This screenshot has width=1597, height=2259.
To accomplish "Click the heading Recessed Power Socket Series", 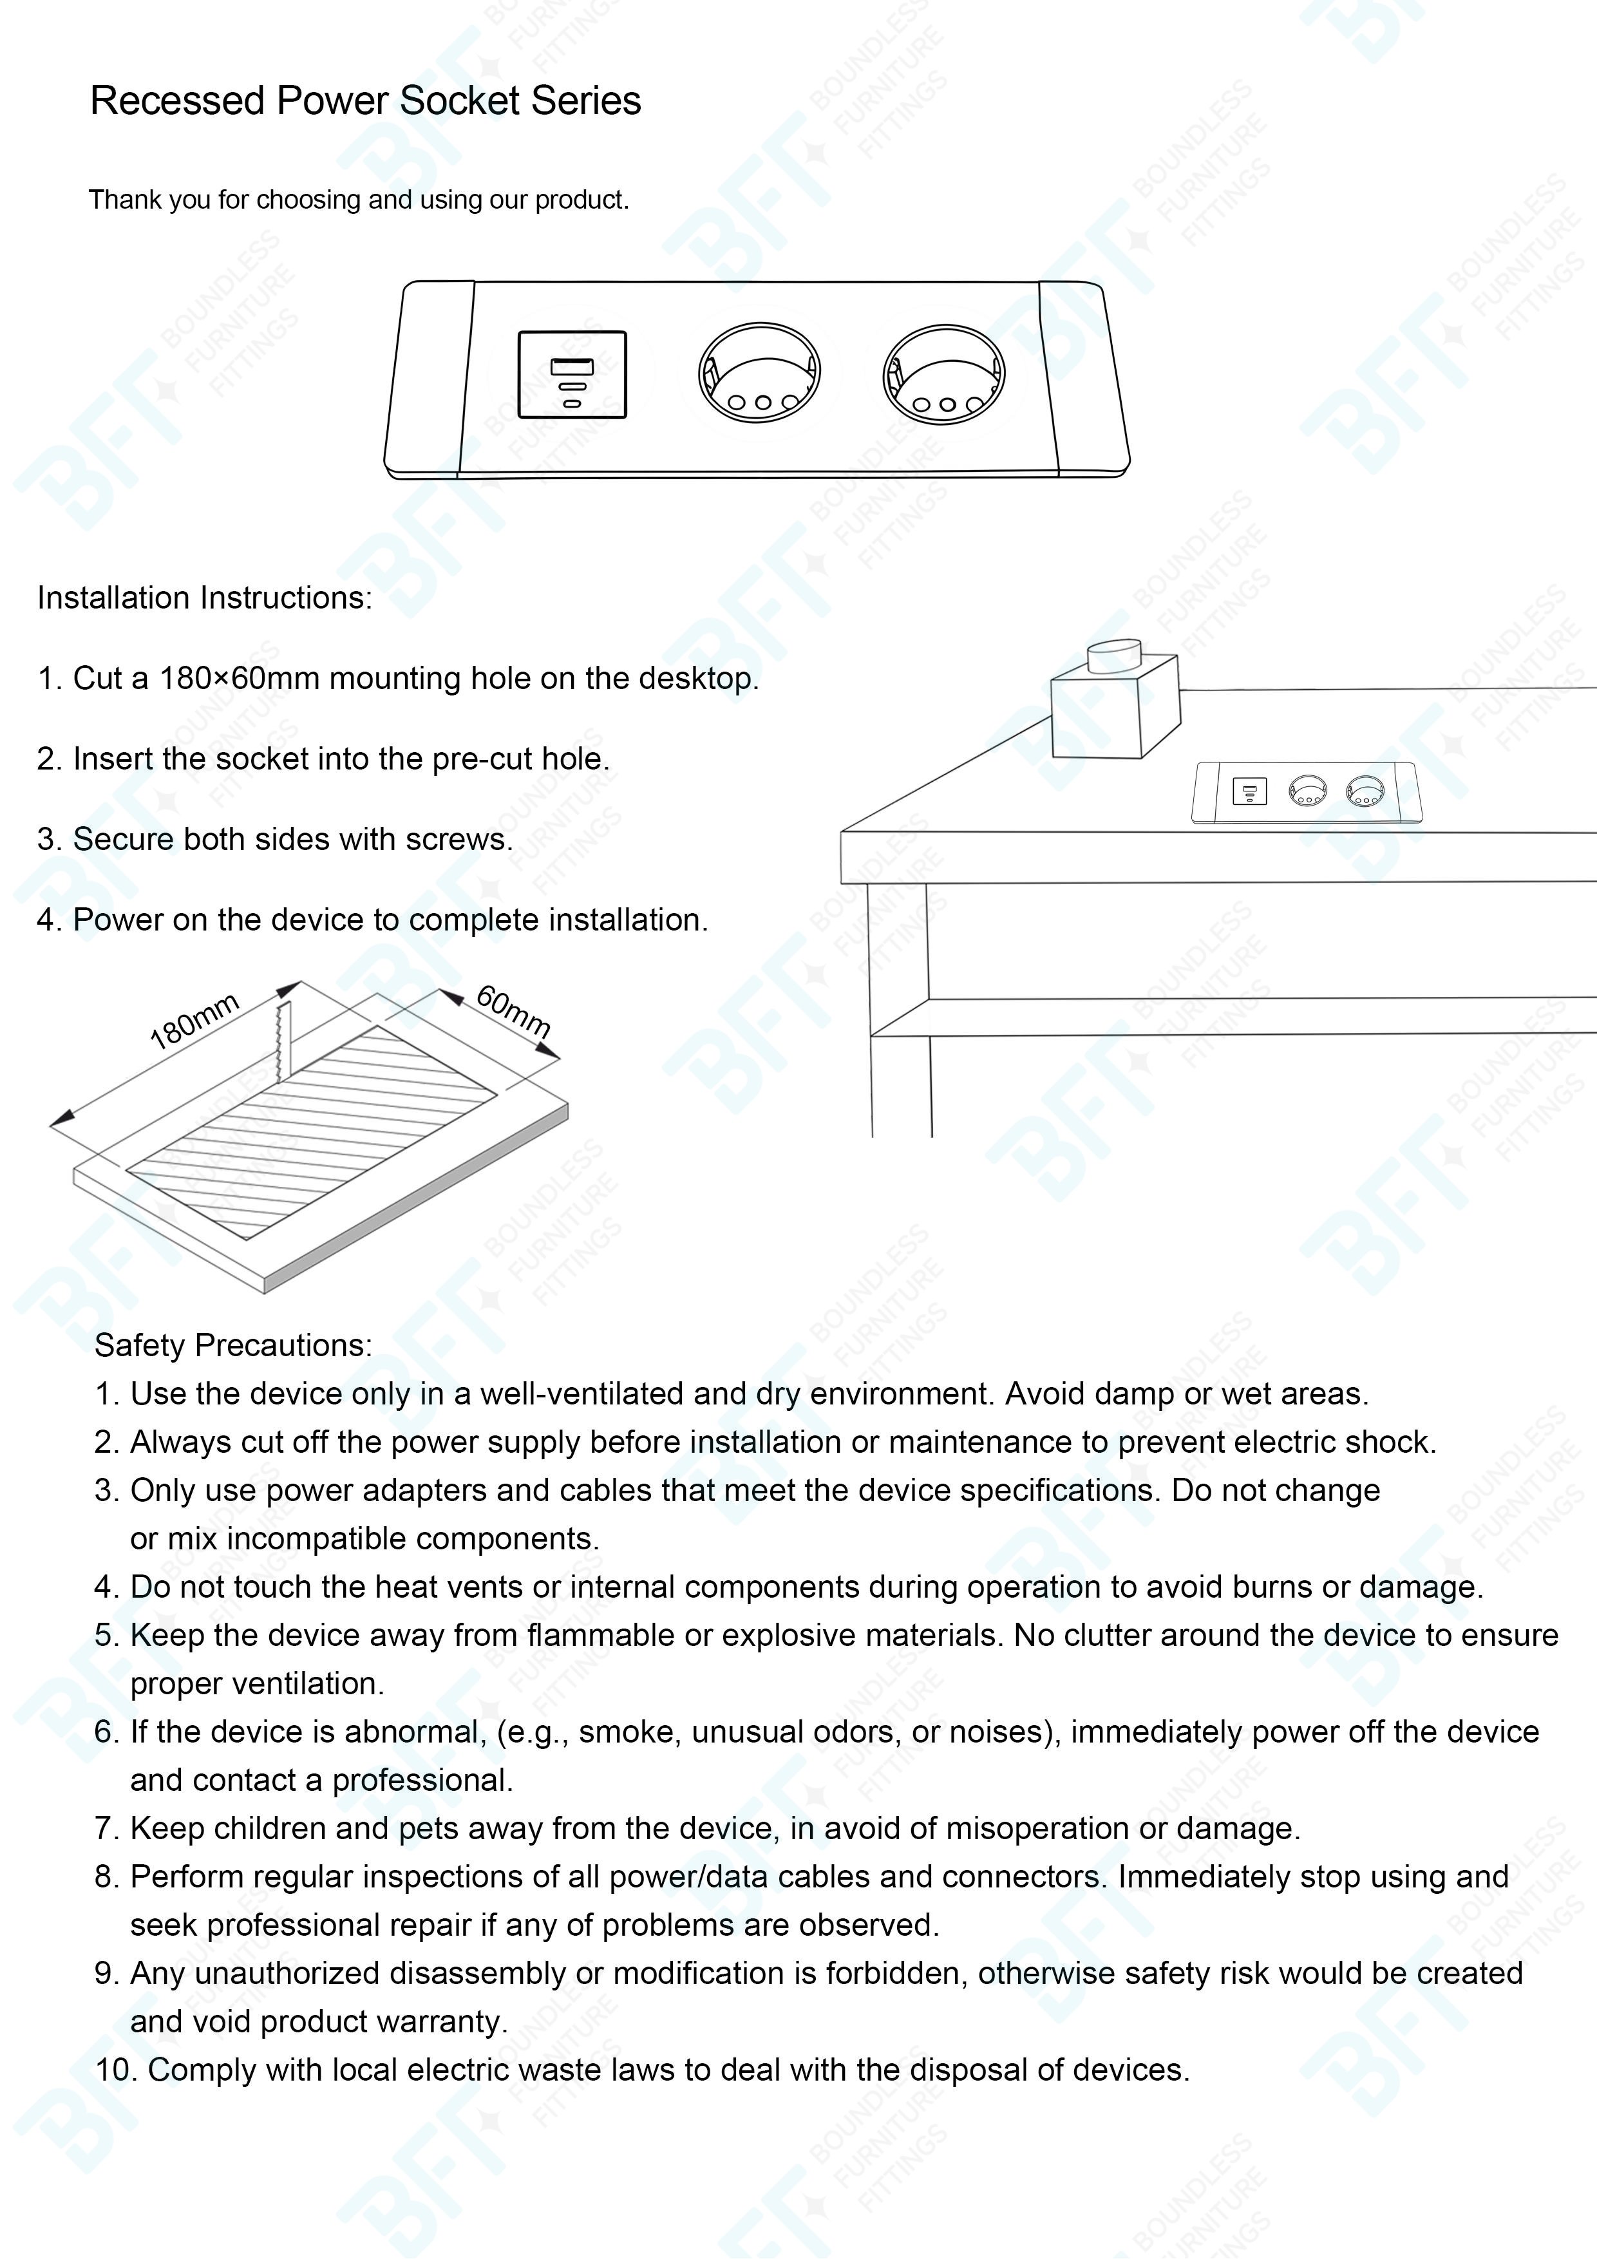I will (365, 101).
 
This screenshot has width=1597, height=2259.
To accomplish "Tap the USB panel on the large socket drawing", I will (572, 375).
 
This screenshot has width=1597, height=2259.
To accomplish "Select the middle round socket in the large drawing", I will (759, 374).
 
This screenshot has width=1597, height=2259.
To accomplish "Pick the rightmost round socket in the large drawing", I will (943, 375).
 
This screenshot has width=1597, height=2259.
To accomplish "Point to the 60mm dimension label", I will (513, 1010).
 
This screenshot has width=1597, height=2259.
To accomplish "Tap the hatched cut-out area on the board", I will (312, 1131).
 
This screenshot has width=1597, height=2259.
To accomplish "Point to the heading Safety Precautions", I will (233, 1345).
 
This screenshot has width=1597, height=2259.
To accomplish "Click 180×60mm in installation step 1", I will (240, 679).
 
